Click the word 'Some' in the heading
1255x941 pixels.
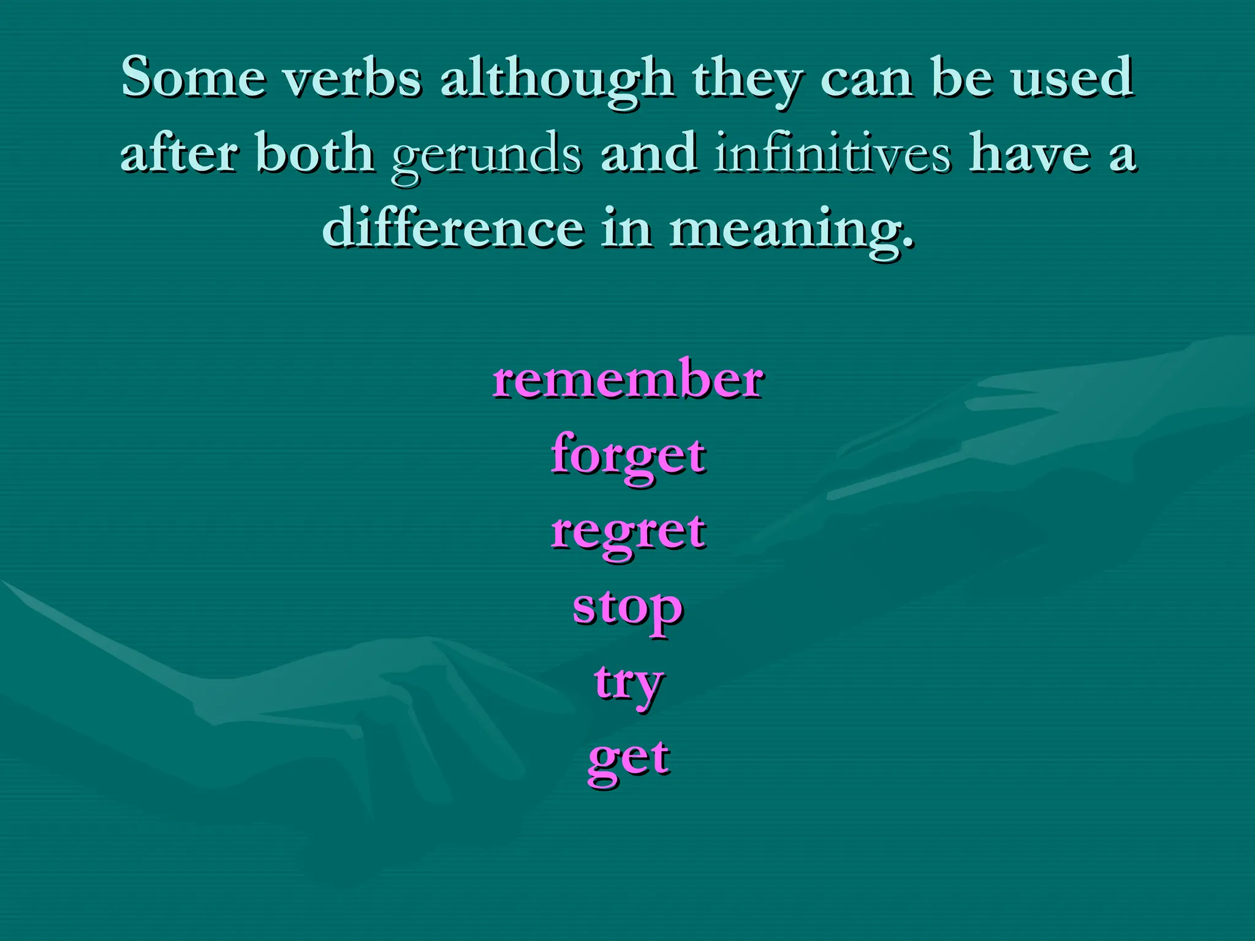pyautogui.click(x=194, y=78)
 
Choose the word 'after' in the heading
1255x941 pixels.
pyautogui.click(x=179, y=153)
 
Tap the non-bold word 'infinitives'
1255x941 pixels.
pyautogui.click(x=833, y=153)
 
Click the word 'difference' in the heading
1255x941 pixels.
pyautogui.click(x=453, y=228)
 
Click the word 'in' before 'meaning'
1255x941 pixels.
pyautogui.click(x=626, y=228)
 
